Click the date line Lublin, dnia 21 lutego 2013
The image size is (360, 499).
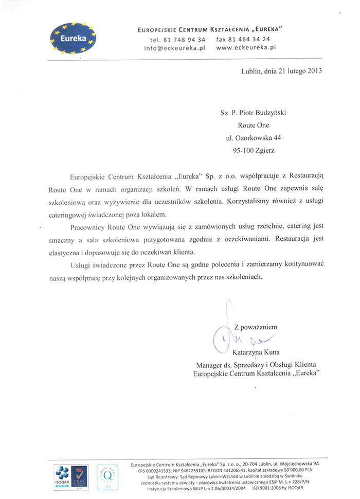281,72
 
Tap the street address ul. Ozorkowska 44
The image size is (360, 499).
254,138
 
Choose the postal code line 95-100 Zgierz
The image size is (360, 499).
254,151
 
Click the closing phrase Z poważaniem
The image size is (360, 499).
256,327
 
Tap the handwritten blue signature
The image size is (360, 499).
242,337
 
